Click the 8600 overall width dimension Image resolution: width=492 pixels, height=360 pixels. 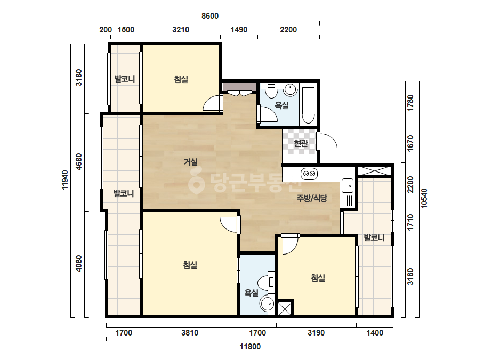click(210, 15)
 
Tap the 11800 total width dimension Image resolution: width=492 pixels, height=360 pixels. click(250, 347)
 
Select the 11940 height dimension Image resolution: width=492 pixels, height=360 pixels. click(65, 179)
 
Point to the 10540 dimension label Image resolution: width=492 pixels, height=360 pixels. click(424, 198)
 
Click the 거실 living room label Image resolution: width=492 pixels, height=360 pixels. click(191, 162)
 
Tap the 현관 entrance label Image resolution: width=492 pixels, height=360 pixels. click(301, 143)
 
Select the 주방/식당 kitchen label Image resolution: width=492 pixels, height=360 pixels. click(312, 198)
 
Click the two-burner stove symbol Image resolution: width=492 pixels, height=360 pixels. click(309, 174)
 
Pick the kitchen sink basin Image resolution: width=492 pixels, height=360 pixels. click(348, 185)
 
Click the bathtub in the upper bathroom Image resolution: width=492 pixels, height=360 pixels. click(308, 105)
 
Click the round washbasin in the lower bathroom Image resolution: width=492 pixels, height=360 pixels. click(268, 304)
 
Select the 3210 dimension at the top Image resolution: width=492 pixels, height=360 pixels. click(181, 29)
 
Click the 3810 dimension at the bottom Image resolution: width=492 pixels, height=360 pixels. click(190, 332)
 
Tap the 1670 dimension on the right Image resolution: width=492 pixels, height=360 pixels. click(410, 144)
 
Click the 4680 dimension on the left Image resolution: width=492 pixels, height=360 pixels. click(79, 162)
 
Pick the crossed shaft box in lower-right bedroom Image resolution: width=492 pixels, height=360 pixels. click(285, 308)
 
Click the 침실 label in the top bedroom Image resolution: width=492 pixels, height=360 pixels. click(181, 79)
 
